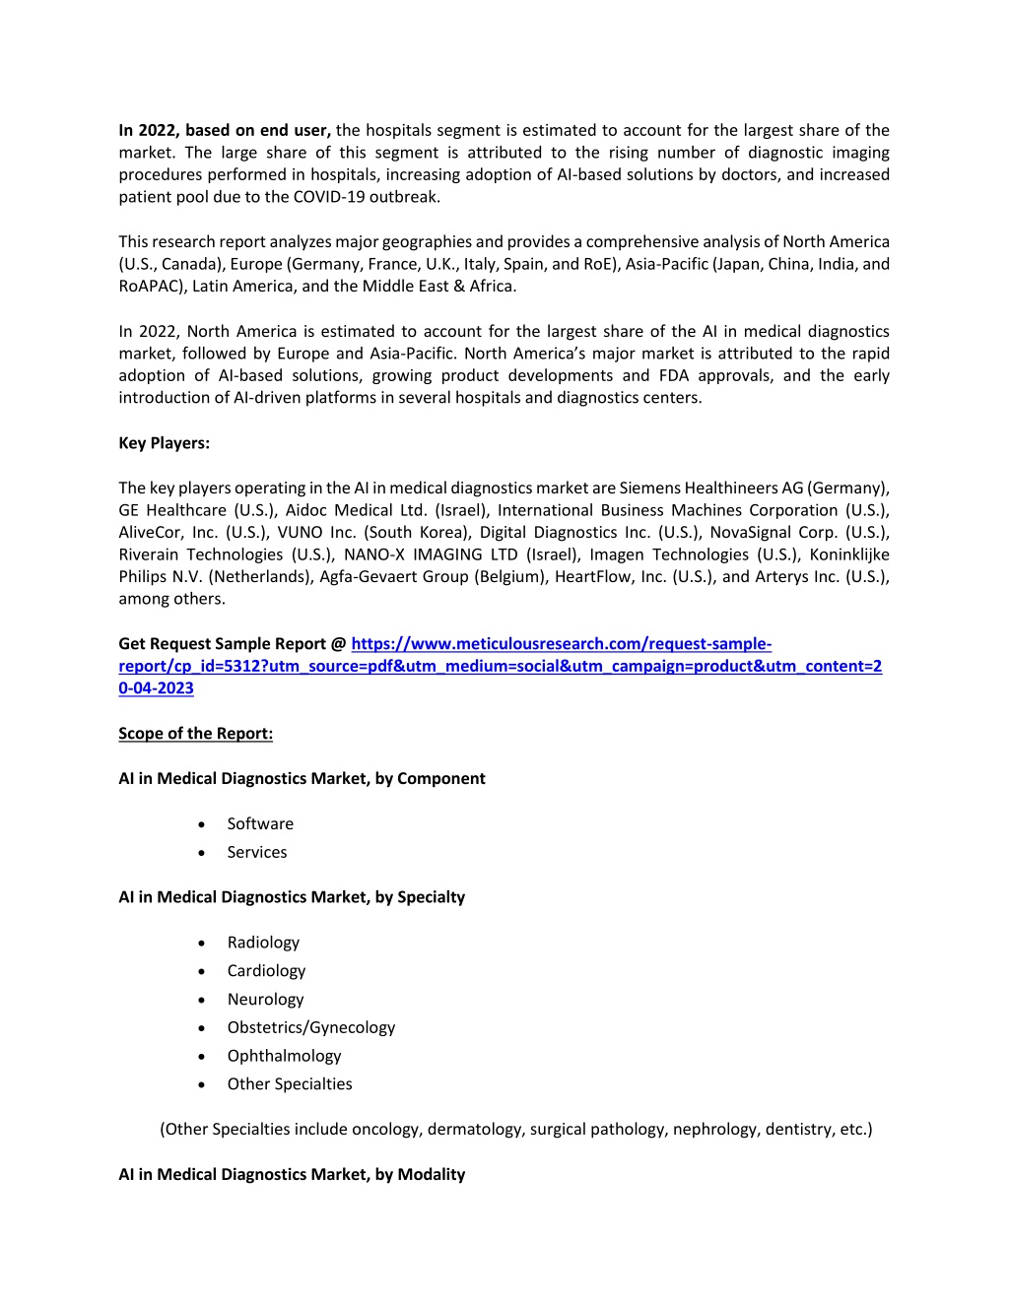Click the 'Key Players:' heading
tap(164, 443)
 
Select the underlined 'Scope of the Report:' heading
tap(195, 734)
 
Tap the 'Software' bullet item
tap(260, 824)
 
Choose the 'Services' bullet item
tap(257, 853)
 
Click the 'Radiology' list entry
tap(263, 943)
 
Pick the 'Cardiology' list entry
tap(266, 971)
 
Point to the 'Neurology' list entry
tap(265, 1000)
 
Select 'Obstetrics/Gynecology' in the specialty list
tap(310, 1028)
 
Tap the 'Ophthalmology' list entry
tap(284, 1056)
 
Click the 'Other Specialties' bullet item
tap(290, 1084)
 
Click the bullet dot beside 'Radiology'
tap(201, 944)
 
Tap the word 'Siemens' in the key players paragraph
tap(649, 489)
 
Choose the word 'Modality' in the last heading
tap(432, 1175)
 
